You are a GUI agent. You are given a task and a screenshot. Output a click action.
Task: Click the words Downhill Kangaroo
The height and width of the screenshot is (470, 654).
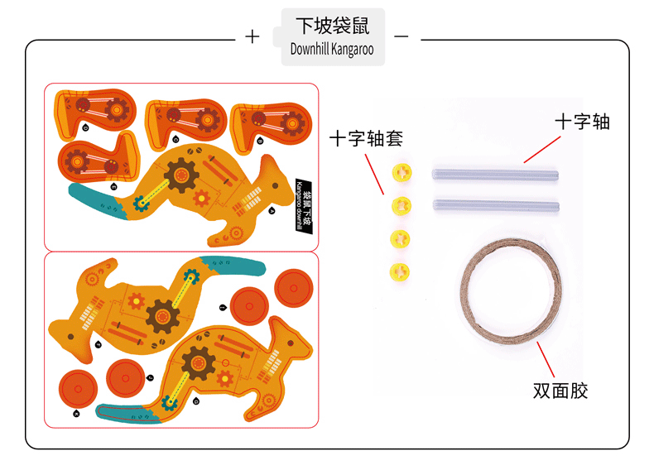click(332, 50)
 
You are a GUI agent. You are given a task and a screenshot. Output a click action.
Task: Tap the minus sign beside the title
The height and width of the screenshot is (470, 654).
click(402, 37)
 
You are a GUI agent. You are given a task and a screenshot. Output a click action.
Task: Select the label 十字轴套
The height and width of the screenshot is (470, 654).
click(361, 138)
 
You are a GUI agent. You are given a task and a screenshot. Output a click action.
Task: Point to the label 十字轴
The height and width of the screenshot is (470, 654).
click(582, 122)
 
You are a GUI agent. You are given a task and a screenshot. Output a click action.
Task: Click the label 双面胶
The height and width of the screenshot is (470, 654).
click(560, 391)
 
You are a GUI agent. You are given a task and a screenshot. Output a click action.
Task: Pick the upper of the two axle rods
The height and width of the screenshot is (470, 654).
click(496, 174)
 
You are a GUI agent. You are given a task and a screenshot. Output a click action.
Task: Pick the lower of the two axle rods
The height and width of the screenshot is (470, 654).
click(496, 205)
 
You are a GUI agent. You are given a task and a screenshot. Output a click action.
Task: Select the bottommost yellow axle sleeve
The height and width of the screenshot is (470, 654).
click(401, 271)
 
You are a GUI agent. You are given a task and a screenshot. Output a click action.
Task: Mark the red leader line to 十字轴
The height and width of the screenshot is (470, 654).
click(541, 150)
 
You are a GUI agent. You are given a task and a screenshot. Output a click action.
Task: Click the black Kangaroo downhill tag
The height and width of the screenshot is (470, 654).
click(303, 204)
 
